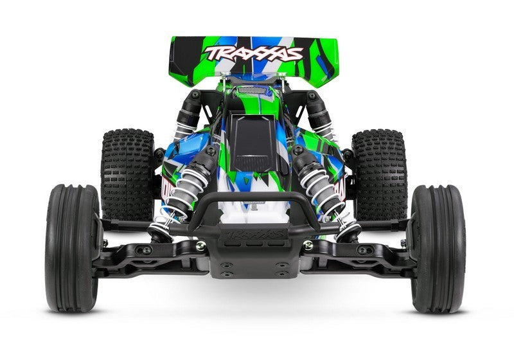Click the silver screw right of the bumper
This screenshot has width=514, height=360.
click(308, 245)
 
